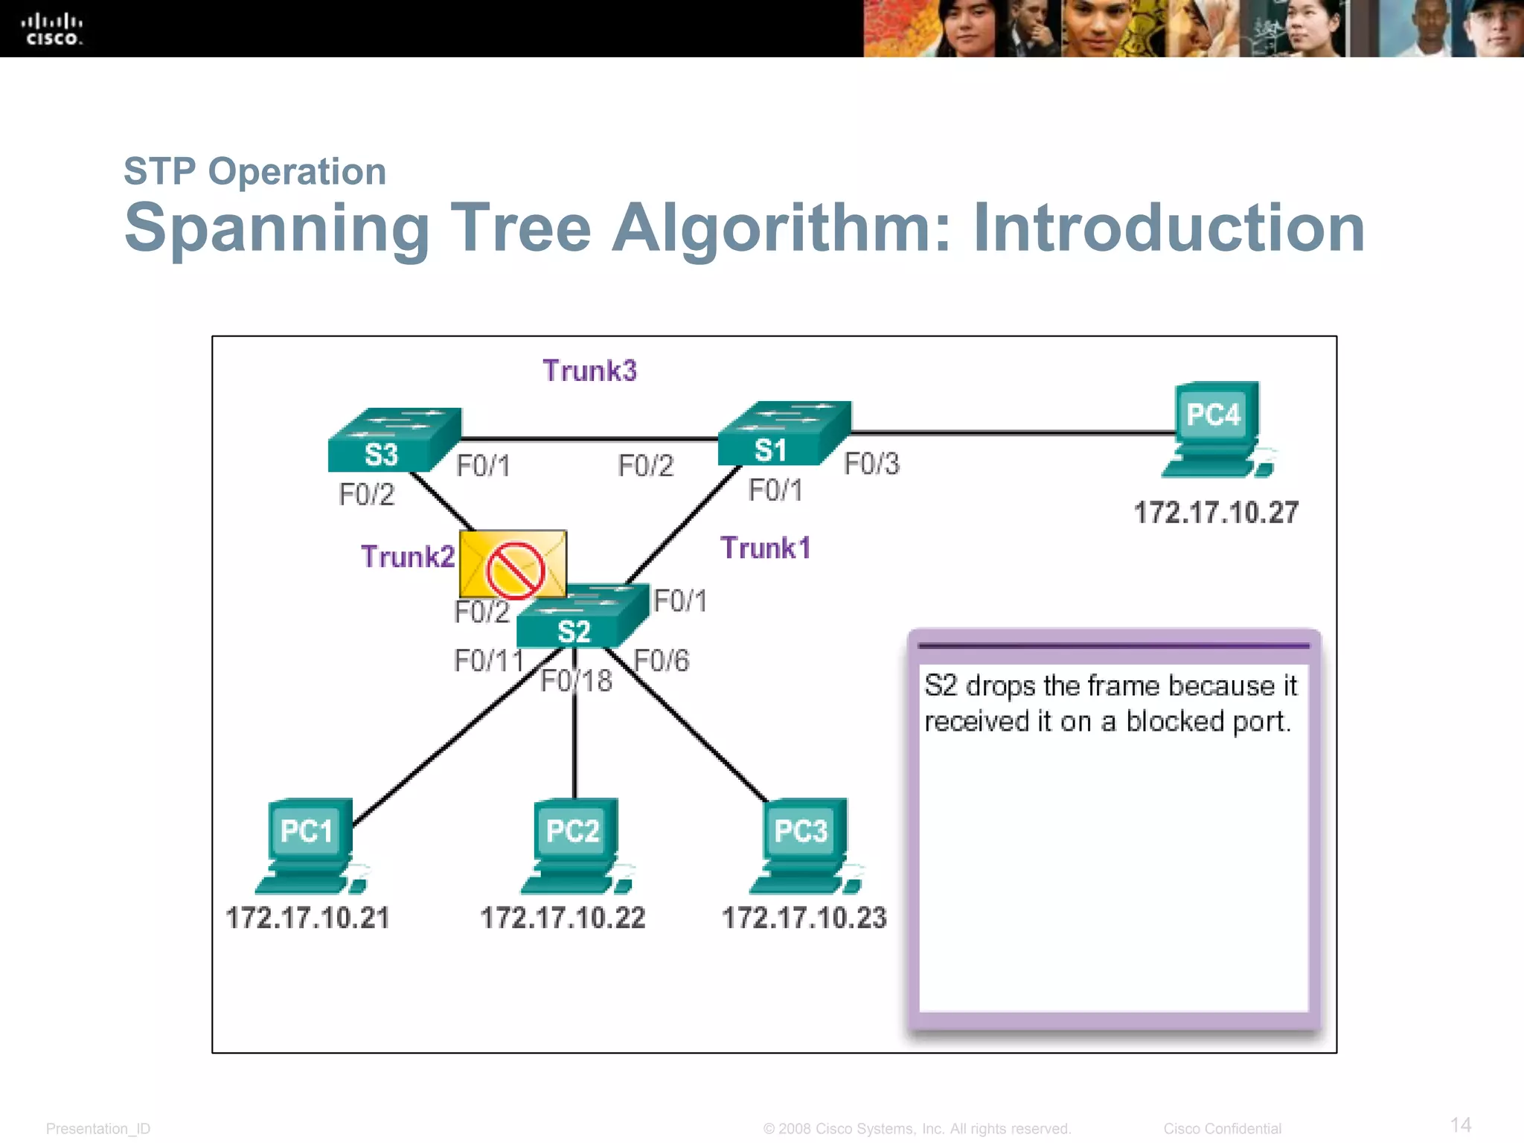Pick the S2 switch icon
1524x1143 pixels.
coord(582,617)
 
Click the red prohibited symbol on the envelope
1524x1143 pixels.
coord(515,571)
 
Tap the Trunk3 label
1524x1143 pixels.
coord(589,371)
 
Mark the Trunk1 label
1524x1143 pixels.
coord(765,548)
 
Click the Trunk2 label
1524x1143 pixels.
coord(407,557)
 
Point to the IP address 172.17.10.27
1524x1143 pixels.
coord(1216,513)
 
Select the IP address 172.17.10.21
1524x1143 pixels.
coord(307,918)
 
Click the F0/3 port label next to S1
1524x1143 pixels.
coord(871,464)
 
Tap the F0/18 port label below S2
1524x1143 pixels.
coord(576,681)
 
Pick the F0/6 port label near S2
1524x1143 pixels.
coord(662,661)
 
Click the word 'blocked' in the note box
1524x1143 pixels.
coord(1174,721)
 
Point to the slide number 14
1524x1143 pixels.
coord(1460,1124)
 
